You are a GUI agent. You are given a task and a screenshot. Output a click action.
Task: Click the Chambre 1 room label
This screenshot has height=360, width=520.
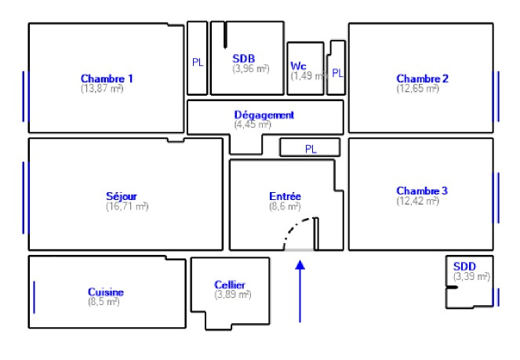[x=107, y=78]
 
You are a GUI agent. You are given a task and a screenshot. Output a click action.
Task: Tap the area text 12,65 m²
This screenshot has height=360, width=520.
[x=422, y=89]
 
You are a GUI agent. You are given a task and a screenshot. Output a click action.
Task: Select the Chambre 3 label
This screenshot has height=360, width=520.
[x=422, y=191]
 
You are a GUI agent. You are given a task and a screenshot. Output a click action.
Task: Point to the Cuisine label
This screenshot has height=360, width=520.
[x=105, y=292]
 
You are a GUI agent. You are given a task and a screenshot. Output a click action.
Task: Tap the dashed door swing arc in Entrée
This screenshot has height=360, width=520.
[x=296, y=230]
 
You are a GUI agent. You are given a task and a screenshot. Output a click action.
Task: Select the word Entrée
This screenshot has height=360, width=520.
[x=285, y=196]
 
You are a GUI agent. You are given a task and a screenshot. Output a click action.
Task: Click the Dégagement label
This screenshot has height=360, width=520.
[x=264, y=115]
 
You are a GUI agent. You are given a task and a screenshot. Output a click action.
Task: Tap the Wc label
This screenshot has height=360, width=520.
[x=298, y=65]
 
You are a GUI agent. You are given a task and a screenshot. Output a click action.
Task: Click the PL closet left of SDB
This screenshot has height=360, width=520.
[x=198, y=62]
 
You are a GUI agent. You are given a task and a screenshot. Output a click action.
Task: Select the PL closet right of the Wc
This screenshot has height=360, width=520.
[x=337, y=73]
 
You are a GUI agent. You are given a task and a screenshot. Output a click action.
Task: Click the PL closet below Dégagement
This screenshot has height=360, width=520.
[x=311, y=148]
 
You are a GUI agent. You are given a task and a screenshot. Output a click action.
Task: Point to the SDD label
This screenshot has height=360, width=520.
[x=464, y=267]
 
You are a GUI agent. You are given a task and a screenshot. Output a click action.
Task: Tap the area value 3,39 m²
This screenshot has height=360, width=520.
[x=471, y=277]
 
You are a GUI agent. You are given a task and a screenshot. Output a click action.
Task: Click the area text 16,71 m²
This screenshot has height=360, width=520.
[x=127, y=206]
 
